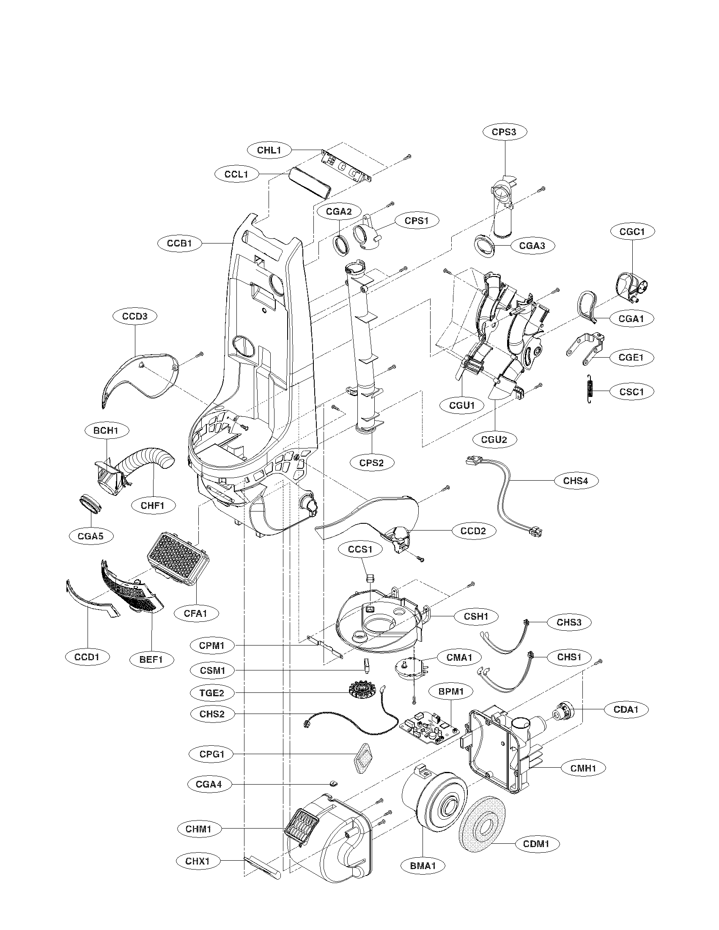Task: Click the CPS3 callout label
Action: coord(505,132)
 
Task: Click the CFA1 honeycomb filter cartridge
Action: coord(177,556)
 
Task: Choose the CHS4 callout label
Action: coord(576,480)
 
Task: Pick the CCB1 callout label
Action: coord(179,243)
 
